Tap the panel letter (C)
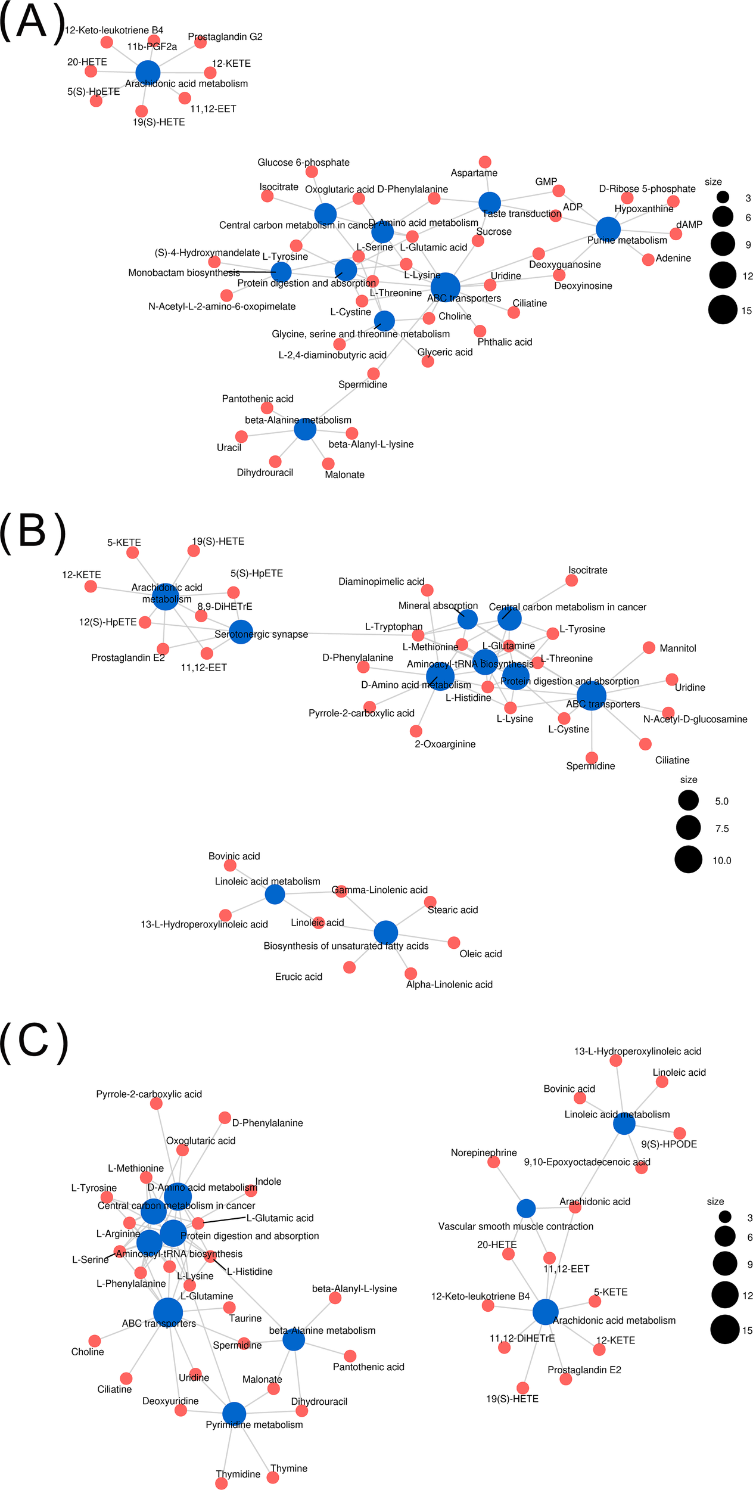point(33,1042)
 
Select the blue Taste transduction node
point(490,203)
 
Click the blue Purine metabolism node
point(608,229)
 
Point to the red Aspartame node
point(485,162)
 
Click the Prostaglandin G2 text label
point(225,37)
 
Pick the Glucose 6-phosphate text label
point(303,163)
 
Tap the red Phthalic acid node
point(480,331)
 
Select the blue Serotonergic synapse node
point(241,632)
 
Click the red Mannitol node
point(649,648)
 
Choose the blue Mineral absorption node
point(468,619)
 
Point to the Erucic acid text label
point(298,977)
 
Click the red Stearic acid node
point(430,902)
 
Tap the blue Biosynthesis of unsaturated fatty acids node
point(385,933)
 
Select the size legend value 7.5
point(721,828)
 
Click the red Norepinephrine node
point(493,1162)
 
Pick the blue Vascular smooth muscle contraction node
point(526,1209)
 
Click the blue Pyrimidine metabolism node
point(234,1413)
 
